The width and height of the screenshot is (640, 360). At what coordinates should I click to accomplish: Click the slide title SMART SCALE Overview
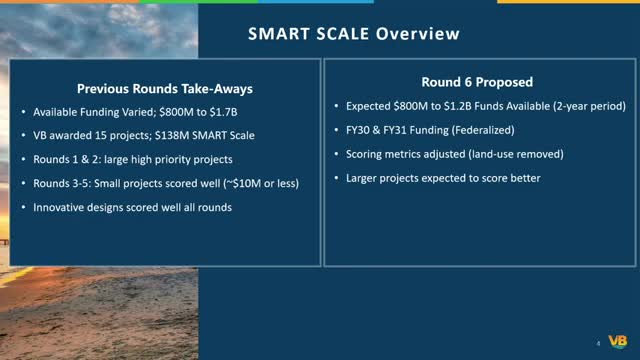pyautogui.click(x=354, y=34)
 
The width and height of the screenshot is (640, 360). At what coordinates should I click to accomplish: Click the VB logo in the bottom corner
pyautogui.click(x=618, y=340)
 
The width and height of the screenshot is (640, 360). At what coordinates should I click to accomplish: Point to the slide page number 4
pyautogui.click(x=599, y=342)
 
